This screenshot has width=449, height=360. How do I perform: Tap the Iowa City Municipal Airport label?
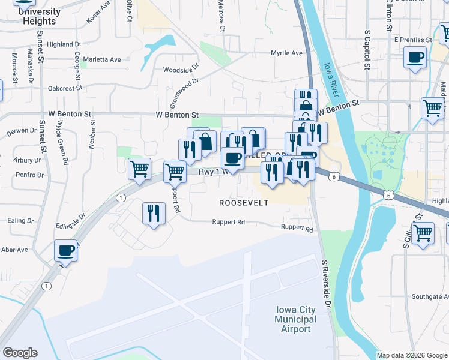(x=295, y=319)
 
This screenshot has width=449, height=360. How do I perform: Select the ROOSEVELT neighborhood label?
(x=243, y=203)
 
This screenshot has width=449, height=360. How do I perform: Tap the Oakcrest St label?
(x=65, y=88)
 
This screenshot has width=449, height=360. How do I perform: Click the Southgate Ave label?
(x=430, y=297)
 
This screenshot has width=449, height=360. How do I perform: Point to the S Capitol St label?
(x=366, y=47)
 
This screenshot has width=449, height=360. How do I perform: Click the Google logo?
(x=20, y=353)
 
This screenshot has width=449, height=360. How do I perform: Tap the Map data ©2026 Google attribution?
(x=412, y=355)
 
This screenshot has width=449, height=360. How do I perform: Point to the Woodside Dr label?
(x=181, y=70)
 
